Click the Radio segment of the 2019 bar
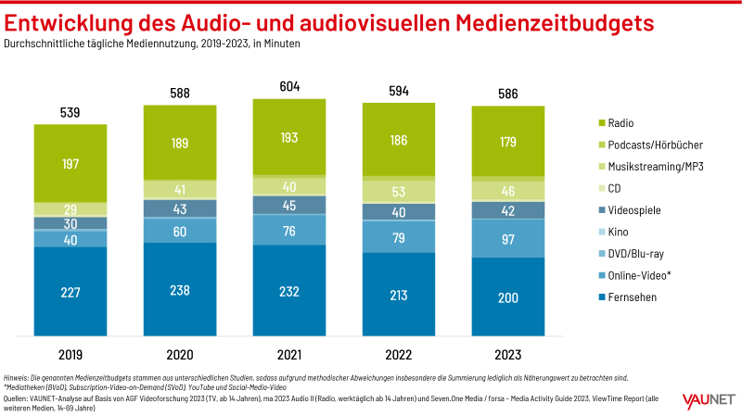(x=70, y=163)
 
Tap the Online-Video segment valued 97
(x=508, y=238)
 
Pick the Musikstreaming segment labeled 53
(x=399, y=192)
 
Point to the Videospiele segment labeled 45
(x=289, y=206)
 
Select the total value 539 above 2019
(x=70, y=113)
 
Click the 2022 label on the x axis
(x=399, y=353)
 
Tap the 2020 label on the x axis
(x=180, y=353)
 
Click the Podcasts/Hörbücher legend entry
(x=649, y=145)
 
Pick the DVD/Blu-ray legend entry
(x=635, y=253)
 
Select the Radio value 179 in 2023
(x=508, y=142)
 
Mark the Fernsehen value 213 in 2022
(x=399, y=296)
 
